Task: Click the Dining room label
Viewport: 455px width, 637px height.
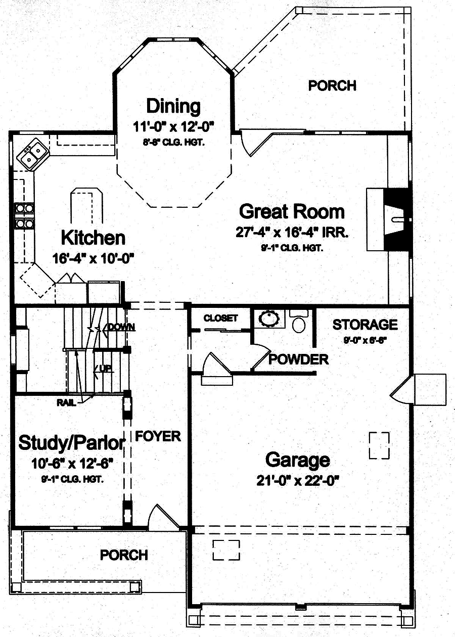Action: [173, 107]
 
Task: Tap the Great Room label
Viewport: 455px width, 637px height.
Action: [292, 211]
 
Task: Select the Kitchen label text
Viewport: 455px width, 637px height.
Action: [93, 238]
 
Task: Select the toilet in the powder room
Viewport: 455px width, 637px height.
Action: [299, 322]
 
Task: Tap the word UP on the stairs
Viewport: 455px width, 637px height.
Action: [105, 368]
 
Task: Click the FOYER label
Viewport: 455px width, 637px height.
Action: [158, 436]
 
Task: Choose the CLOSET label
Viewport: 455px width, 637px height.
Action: [220, 318]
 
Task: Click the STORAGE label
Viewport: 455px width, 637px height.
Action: [365, 324]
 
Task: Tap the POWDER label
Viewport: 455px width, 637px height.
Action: [298, 359]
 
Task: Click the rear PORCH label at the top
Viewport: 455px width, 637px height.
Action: [332, 85]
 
